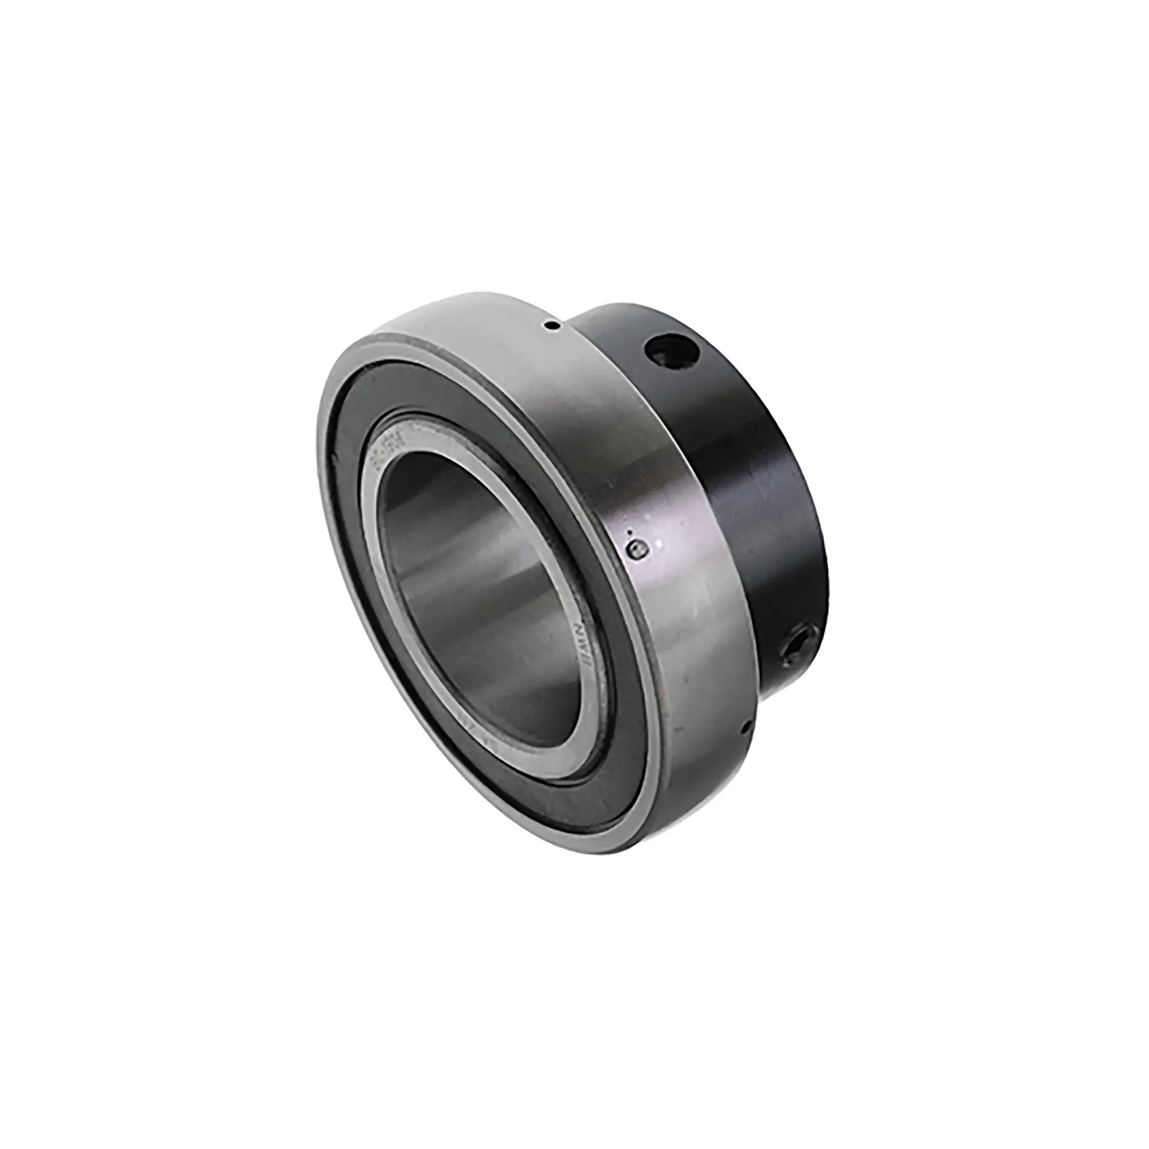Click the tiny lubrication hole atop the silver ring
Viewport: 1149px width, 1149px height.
click(x=553, y=325)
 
